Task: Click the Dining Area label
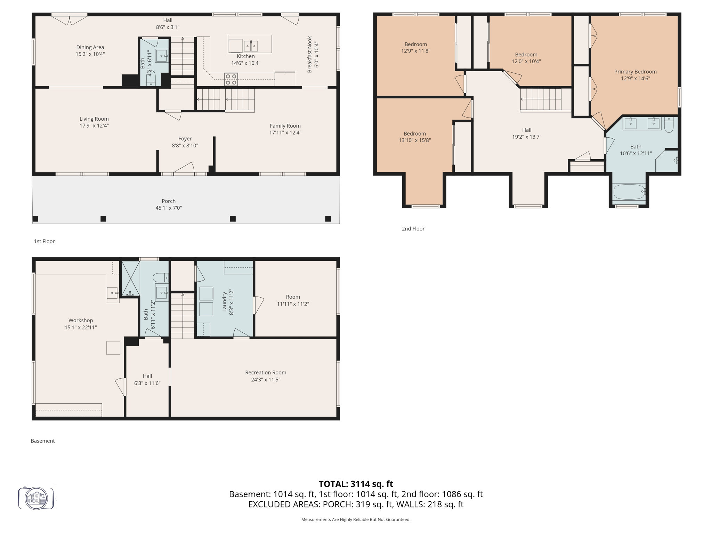coord(90,47)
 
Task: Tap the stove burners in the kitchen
coord(231,79)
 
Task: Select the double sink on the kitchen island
coord(251,46)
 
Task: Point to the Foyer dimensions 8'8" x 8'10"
coord(185,146)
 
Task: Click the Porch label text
coord(169,201)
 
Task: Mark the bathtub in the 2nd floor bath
coord(629,192)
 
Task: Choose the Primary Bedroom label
coord(635,72)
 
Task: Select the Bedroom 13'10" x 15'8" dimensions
coord(414,140)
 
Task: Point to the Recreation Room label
coord(266,372)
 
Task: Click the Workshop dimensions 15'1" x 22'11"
coord(81,327)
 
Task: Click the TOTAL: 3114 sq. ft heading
coord(356,484)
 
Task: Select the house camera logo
coord(36,498)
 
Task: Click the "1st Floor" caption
coord(44,241)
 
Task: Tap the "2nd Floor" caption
coord(413,228)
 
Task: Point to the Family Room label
coord(285,126)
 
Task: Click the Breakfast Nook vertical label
coord(309,54)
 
